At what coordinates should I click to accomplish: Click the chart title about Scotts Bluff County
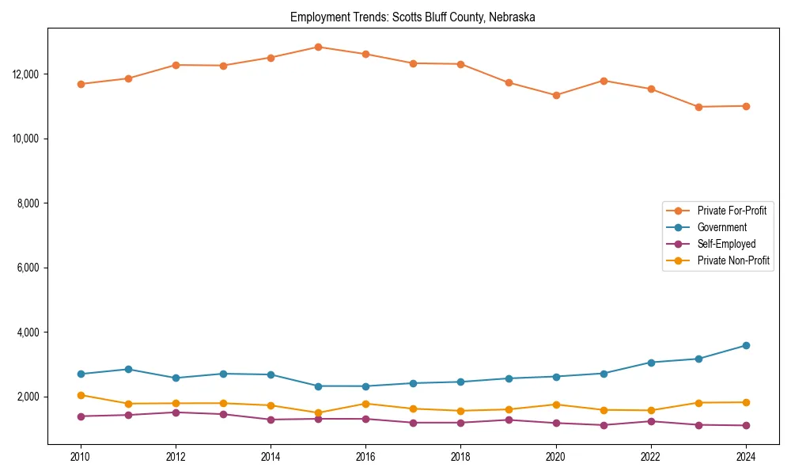pos(413,17)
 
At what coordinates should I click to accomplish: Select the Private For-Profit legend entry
pos(732,211)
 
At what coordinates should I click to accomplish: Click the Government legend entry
pos(721,227)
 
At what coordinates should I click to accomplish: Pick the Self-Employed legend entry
pos(726,244)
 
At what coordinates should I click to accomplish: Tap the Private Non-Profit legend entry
pos(733,260)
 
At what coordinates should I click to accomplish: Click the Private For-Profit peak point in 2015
pos(318,47)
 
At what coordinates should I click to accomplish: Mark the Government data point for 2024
pos(745,345)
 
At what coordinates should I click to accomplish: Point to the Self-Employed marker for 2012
pos(176,412)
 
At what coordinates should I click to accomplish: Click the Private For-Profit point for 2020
pos(555,95)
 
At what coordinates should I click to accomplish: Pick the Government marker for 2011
pos(128,369)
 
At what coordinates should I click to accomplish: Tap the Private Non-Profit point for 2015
pos(318,412)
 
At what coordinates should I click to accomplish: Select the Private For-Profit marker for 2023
pos(698,107)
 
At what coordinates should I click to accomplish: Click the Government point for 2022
pos(650,363)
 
